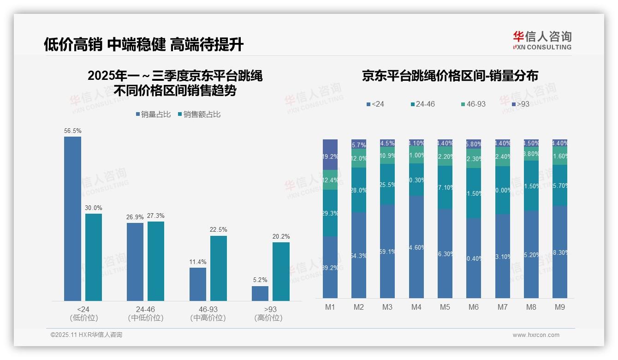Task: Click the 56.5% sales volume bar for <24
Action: tap(72, 219)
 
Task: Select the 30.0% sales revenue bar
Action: tap(94, 257)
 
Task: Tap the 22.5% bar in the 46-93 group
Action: tap(219, 268)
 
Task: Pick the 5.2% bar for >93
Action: tap(260, 294)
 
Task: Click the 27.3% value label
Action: tap(156, 216)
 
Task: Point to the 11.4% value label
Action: tap(198, 262)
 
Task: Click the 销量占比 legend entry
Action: tap(155, 114)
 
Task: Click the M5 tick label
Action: tap(445, 307)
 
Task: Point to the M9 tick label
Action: tap(560, 307)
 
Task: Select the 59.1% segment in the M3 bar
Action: tap(387, 251)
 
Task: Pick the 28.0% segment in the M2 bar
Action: tap(359, 190)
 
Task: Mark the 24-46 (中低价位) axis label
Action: tap(145, 313)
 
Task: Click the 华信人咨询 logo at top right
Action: tap(542, 40)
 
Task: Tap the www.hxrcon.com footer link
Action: tap(536, 335)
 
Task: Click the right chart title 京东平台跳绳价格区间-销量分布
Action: tap(450, 76)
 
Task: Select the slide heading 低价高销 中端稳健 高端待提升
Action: tap(143, 45)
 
